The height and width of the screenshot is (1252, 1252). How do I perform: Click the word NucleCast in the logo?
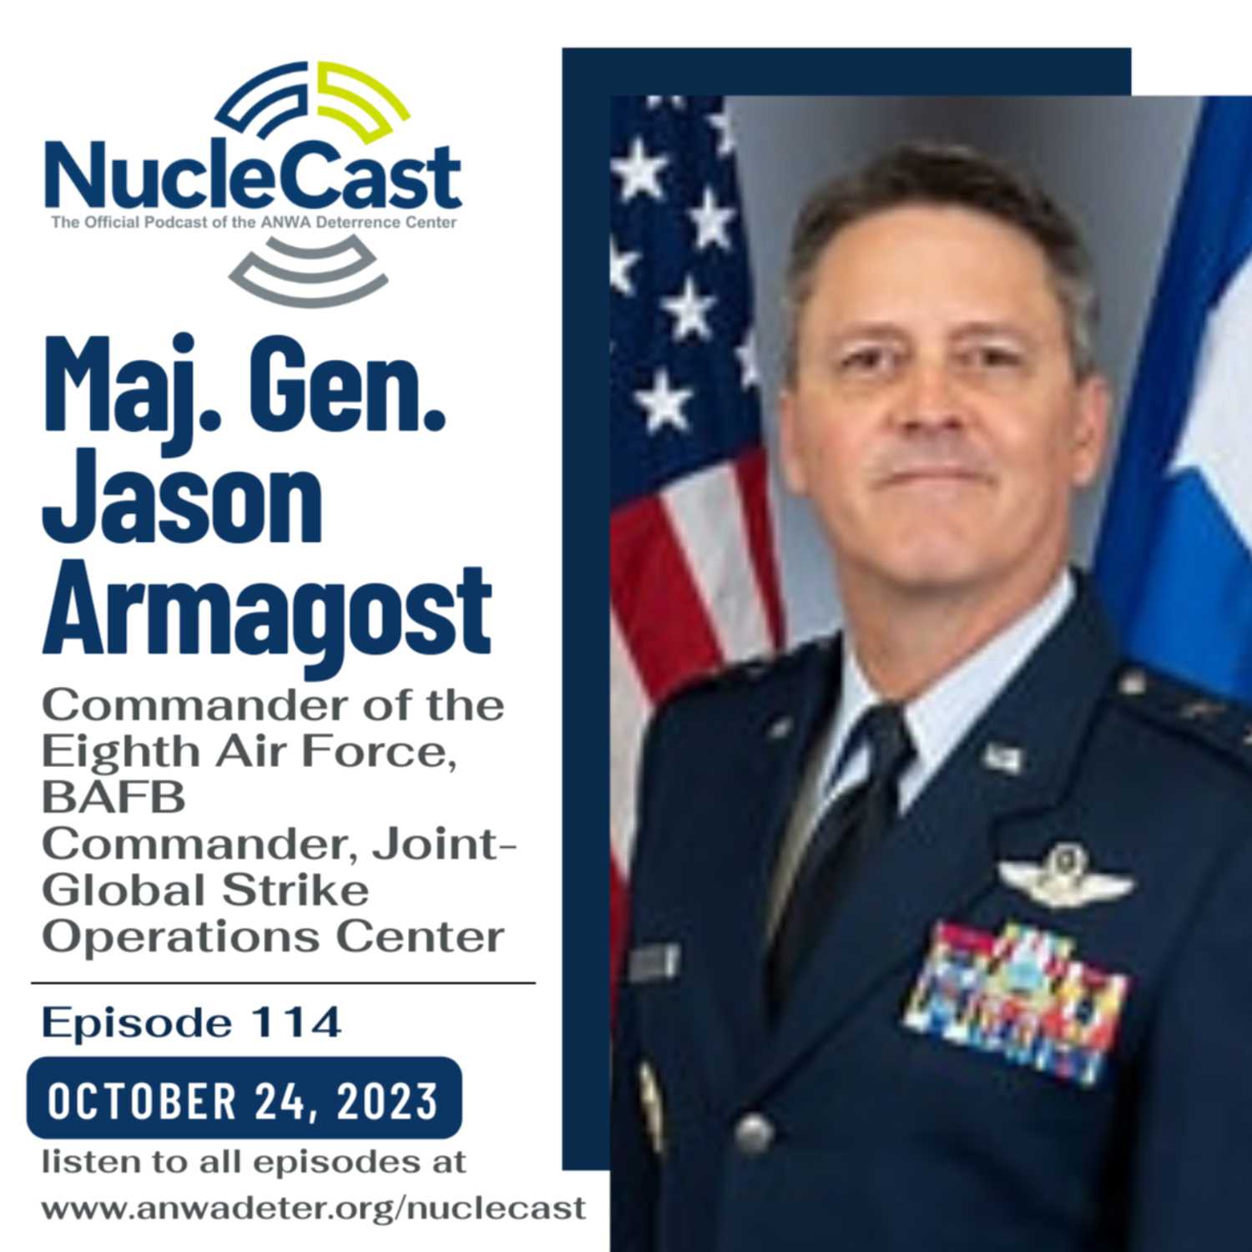point(253,178)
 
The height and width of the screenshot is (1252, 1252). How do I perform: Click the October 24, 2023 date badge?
point(244,1099)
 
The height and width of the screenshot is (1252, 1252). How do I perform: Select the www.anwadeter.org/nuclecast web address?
point(314,1209)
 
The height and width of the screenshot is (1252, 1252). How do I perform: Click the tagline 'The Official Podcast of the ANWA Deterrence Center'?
point(254,223)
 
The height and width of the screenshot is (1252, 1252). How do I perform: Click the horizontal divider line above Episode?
point(283,984)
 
